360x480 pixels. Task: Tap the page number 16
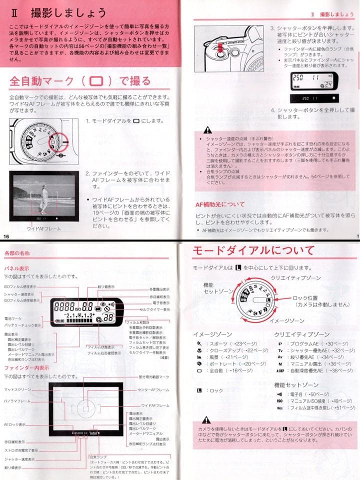[6, 236]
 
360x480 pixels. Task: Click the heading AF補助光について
[220, 204]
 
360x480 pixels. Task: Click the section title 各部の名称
[17, 253]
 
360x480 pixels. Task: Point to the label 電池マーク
[14, 318]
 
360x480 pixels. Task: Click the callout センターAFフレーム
[153, 389]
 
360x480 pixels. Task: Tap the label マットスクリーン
[17, 389]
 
